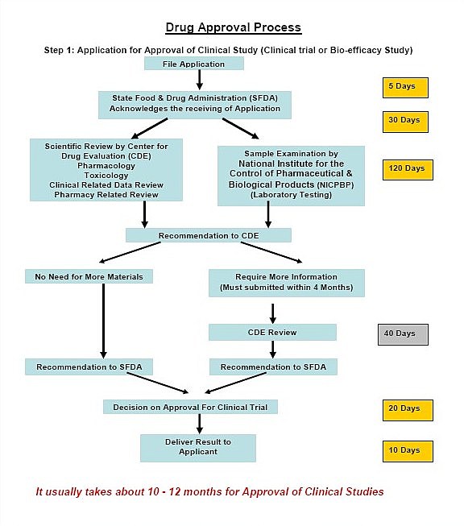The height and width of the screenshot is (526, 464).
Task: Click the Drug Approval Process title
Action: click(x=233, y=27)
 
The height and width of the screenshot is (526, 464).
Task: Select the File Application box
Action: click(x=194, y=64)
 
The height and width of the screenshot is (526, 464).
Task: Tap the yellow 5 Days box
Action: click(x=405, y=88)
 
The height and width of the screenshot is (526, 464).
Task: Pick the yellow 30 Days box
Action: click(x=405, y=122)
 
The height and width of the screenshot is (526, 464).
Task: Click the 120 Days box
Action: click(x=408, y=170)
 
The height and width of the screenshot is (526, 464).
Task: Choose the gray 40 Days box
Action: click(x=403, y=334)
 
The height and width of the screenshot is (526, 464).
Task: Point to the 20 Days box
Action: click(x=408, y=410)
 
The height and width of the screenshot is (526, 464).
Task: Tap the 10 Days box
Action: click(x=408, y=451)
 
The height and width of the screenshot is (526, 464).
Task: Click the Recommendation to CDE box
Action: click(x=209, y=235)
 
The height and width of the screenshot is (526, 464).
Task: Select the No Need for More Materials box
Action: click(x=89, y=276)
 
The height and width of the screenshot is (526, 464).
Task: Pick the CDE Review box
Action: click(x=272, y=332)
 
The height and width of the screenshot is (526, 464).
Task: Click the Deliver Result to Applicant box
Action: click(x=198, y=448)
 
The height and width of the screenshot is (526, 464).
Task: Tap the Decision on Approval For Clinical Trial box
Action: click(x=190, y=407)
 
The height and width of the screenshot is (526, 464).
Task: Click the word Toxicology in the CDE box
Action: click(x=106, y=175)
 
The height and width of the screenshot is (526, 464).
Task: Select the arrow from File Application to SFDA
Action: click(x=199, y=80)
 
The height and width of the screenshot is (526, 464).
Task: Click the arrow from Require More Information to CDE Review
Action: click(x=273, y=313)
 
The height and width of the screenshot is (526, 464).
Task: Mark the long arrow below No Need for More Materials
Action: click(x=103, y=321)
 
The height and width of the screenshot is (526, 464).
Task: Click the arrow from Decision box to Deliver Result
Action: click(x=199, y=424)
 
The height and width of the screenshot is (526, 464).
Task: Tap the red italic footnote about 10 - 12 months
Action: click(x=209, y=491)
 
